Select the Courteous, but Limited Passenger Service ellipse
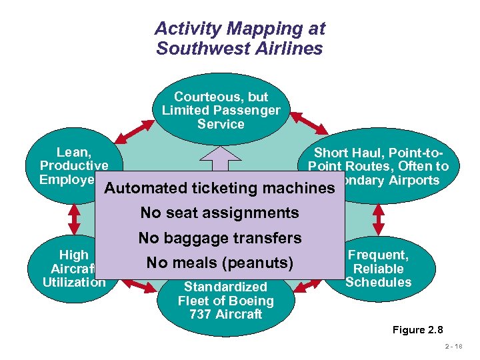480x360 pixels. click(221, 110)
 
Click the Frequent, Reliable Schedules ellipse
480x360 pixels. click(379, 268)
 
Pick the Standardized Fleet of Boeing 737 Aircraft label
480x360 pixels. click(225, 300)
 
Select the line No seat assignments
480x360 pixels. click(219, 213)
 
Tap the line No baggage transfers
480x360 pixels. click(220, 238)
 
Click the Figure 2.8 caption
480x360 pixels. click(418, 330)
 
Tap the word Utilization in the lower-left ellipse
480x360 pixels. click(74, 282)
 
